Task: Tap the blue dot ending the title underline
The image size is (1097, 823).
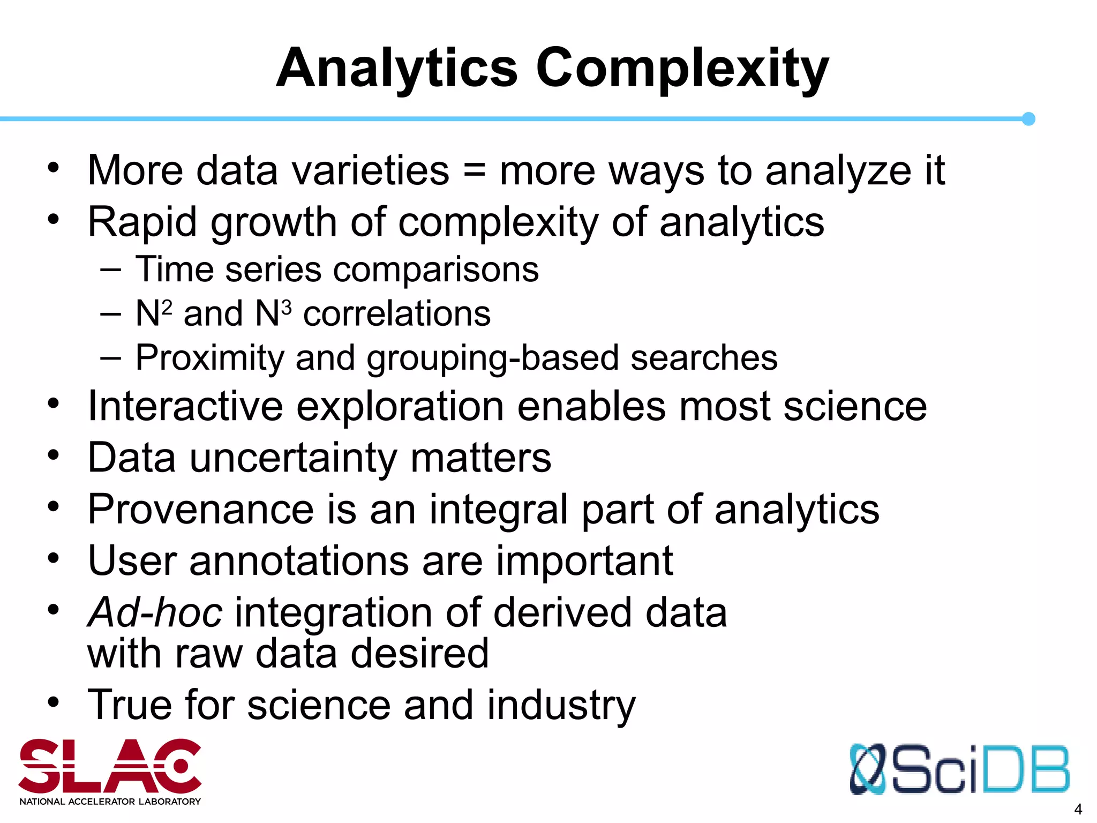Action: pyautogui.click(x=1028, y=119)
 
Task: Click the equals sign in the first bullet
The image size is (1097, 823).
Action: pyautogui.click(x=474, y=170)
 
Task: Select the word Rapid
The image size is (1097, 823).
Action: pyautogui.click(x=142, y=222)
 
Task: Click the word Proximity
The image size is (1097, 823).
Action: pyautogui.click(x=209, y=358)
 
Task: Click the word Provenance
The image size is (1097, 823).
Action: pyautogui.click(x=201, y=509)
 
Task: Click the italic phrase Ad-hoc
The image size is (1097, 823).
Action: pyautogui.click(x=155, y=612)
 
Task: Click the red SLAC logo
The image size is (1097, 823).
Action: pyautogui.click(x=110, y=766)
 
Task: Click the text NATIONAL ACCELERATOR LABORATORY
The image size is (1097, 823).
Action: pyautogui.click(x=110, y=802)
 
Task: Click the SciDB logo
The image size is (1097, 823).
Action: pyautogui.click(x=959, y=769)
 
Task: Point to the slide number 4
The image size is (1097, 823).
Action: pyautogui.click(x=1078, y=809)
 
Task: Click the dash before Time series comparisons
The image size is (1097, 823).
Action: pyautogui.click(x=110, y=270)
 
